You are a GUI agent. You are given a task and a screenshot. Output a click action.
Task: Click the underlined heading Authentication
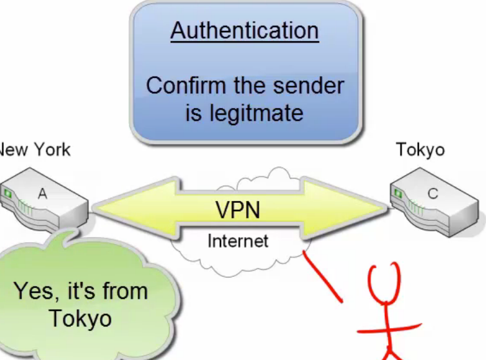pos(245,30)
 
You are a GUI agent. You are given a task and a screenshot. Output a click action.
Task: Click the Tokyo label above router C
pos(420,150)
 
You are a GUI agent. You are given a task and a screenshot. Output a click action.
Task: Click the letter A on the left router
pos(42,193)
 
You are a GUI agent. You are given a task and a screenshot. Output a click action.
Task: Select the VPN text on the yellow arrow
pos(237,210)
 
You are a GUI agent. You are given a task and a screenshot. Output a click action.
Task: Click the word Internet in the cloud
pos(237,241)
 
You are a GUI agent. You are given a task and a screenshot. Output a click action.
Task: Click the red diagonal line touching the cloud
pos(322,278)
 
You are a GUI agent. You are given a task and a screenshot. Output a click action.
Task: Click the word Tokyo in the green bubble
pos(80,318)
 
